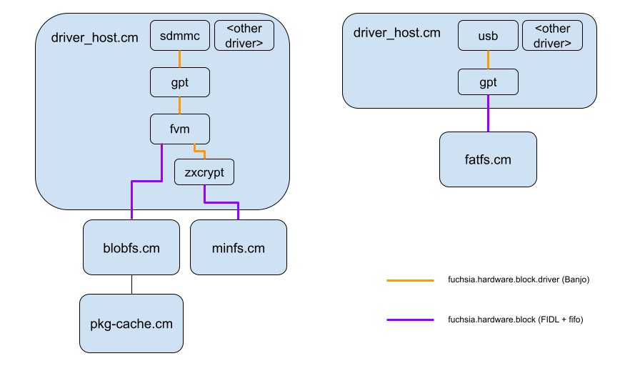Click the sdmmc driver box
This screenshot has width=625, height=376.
(180, 36)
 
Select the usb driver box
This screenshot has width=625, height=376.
(488, 36)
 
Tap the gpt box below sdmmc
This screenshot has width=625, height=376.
(180, 82)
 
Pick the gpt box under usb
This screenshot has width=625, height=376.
(488, 82)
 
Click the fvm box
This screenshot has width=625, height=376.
(180, 129)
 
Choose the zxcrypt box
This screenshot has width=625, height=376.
(204, 172)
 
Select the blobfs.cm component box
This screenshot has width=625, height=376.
(131, 248)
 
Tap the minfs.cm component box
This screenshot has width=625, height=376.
(239, 248)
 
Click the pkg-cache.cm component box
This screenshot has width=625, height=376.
(131, 323)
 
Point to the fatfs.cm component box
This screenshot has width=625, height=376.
(488, 159)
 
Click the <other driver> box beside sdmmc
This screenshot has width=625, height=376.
(244, 36)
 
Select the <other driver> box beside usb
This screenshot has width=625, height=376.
(552, 36)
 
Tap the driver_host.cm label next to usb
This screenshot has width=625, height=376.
(397, 33)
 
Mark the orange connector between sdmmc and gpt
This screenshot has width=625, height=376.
(180, 59)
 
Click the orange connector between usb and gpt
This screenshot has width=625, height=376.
(488, 59)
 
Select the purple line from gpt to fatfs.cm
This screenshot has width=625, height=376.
(488, 114)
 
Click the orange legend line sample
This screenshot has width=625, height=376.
(410, 281)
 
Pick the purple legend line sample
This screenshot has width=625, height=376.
(410, 320)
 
